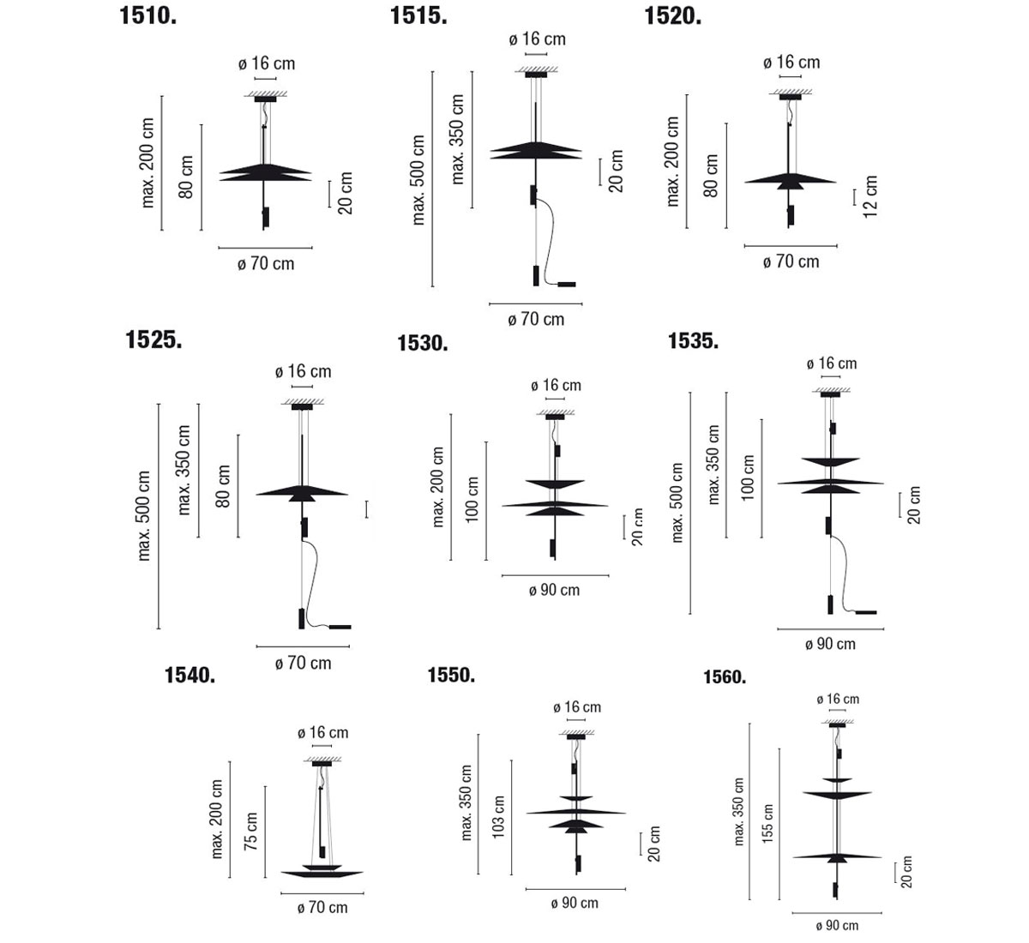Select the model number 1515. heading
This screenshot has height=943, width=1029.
coord(418,15)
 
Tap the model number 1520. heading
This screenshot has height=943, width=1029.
coord(672,15)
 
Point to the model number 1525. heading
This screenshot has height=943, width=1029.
coord(154,339)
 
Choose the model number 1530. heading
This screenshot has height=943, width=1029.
coord(423,344)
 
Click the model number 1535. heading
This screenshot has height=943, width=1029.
coord(693,340)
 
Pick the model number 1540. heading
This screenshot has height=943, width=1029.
coord(190,676)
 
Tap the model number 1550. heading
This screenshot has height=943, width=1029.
coord(451,676)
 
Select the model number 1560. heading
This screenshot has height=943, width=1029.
coord(725,677)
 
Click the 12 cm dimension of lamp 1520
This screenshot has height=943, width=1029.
coord(871,197)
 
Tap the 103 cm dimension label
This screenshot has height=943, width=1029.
coord(499,817)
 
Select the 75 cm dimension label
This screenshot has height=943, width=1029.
coord(250,832)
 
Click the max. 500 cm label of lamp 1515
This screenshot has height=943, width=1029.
coord(418,180)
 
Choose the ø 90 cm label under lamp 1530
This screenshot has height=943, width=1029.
coord(554,590)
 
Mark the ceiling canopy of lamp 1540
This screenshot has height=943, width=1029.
coord(322,762)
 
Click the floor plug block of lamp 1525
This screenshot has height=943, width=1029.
coord(340,627)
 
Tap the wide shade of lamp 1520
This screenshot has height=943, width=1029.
coord(790,181)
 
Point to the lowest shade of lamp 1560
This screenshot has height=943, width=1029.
coord(835,856)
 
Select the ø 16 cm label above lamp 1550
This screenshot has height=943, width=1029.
coord(577,707)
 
